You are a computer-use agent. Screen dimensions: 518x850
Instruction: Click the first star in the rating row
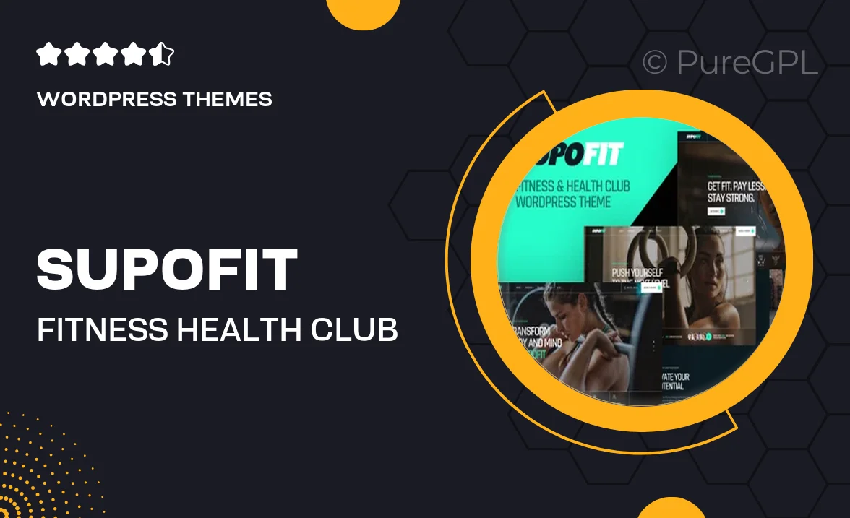pyautogui.click(x=47, y=54)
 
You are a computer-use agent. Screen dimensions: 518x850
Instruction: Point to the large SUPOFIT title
pyautogui.click(x=167, y=269)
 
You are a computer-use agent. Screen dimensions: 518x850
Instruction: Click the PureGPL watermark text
pyautogui.click(x=747, y=63)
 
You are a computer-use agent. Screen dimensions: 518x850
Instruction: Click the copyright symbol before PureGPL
pyautogui.click(x=655, y=63)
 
